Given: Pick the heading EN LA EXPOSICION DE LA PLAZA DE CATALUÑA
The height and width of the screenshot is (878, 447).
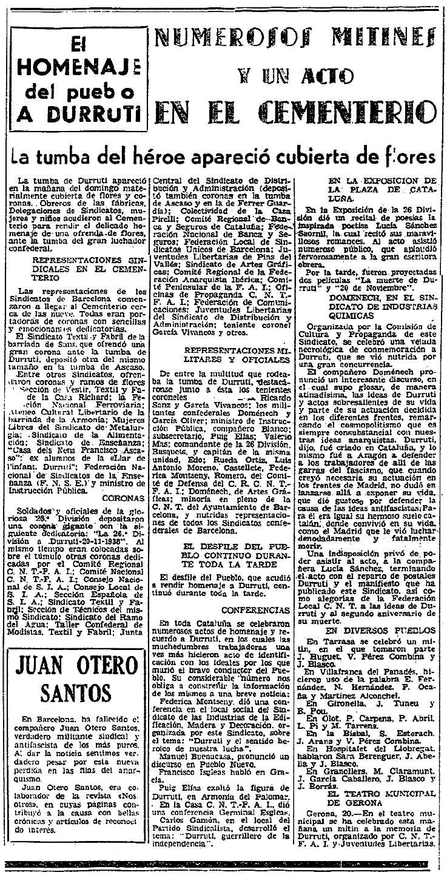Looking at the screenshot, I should (x=382, y=189).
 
